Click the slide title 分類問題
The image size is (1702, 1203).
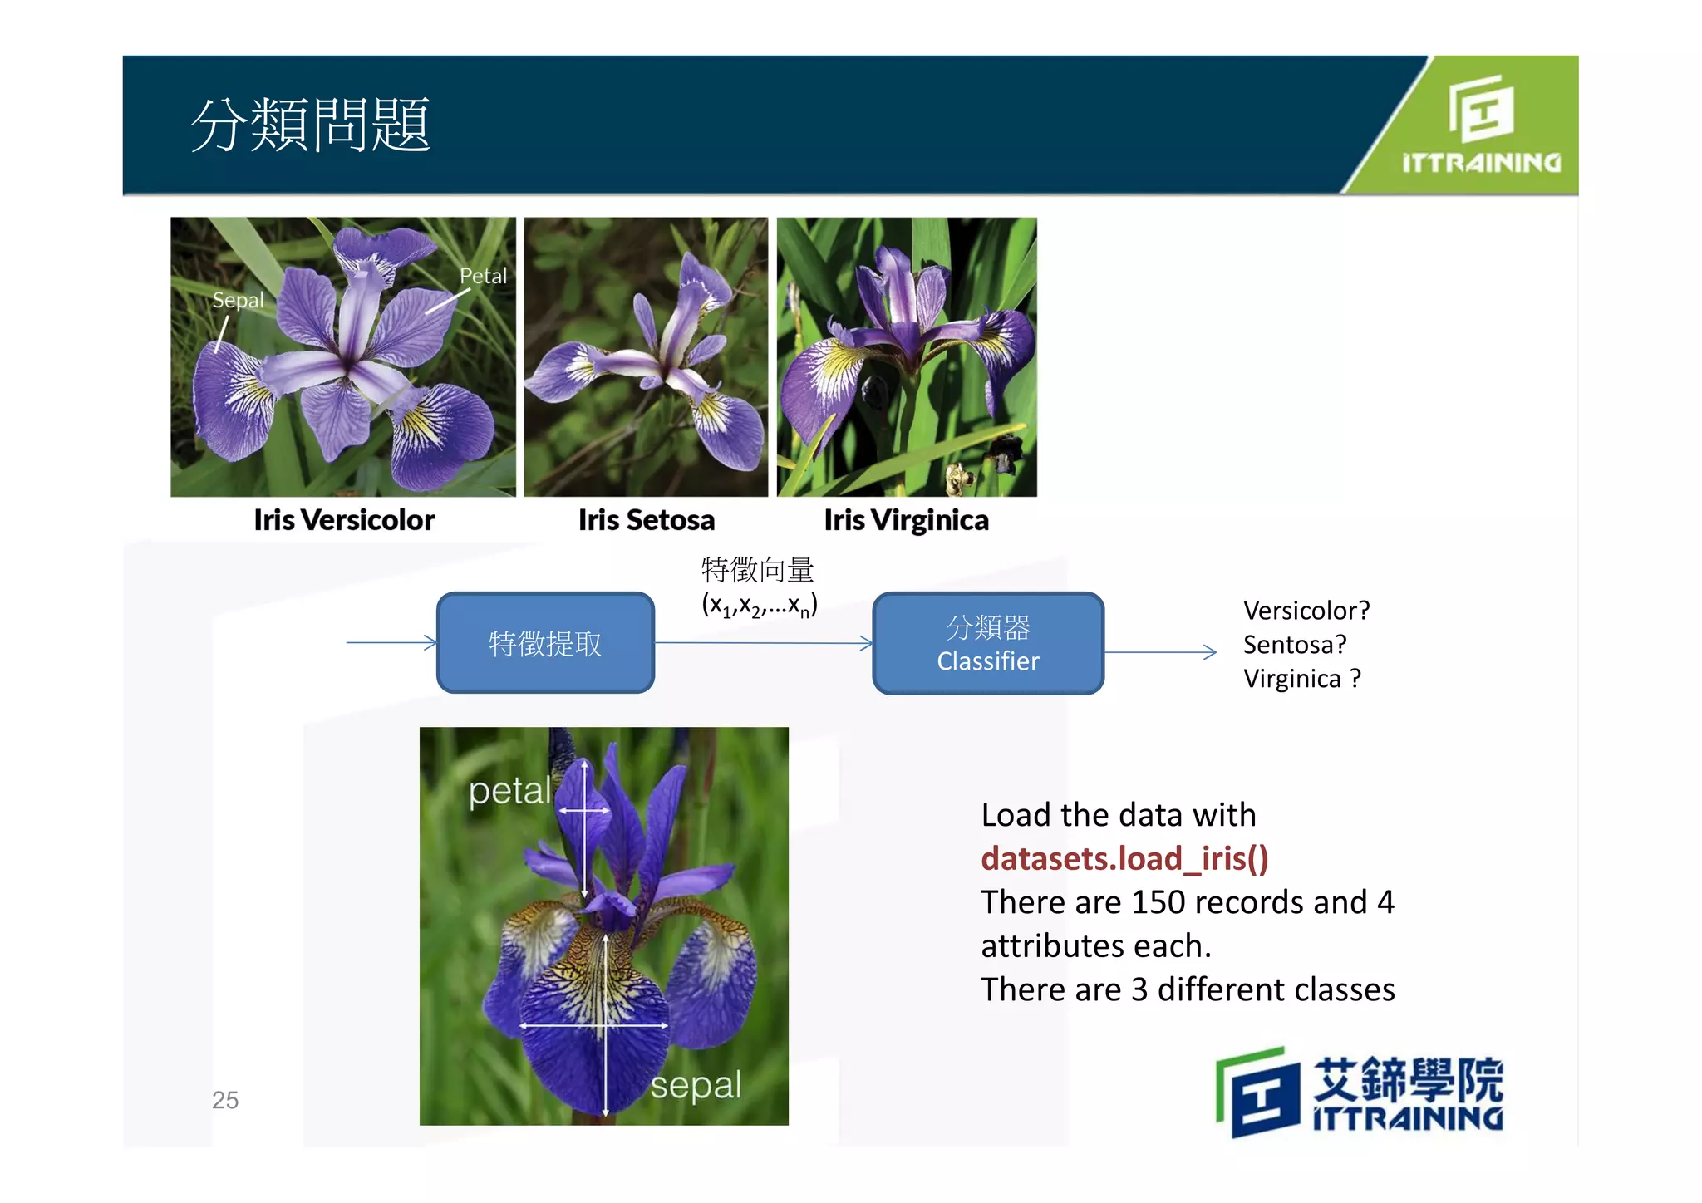(x=311, y=125)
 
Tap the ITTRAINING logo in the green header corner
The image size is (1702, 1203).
(x=1481, y=125)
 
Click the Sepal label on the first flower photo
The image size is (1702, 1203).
(x=238, y=300)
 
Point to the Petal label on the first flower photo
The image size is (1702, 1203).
(x=483, y=276)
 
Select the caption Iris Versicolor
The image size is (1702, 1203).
(x=344, y=520)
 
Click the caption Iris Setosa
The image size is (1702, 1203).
(x=647, y=520)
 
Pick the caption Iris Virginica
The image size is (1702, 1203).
(x=906, y=520)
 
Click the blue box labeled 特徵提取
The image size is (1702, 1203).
(x=545, y=643)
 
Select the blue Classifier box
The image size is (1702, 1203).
(x=988, y=643)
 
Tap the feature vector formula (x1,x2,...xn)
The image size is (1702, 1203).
(x=759, y=605)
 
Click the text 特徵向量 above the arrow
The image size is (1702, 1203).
(x=757, y=570)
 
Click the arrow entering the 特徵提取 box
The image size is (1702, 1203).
(x=391, y=642)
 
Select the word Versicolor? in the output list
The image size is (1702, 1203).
(x=1306, y=611)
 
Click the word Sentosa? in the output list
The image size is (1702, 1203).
(x=1294, y=645)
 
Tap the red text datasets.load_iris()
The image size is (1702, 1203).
(x=1124, y=858)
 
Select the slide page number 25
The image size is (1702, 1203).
(x=225, y=1100)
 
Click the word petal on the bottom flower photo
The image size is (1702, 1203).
(x=509, y=791)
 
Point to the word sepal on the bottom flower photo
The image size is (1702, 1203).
(x=695, y=1085)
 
